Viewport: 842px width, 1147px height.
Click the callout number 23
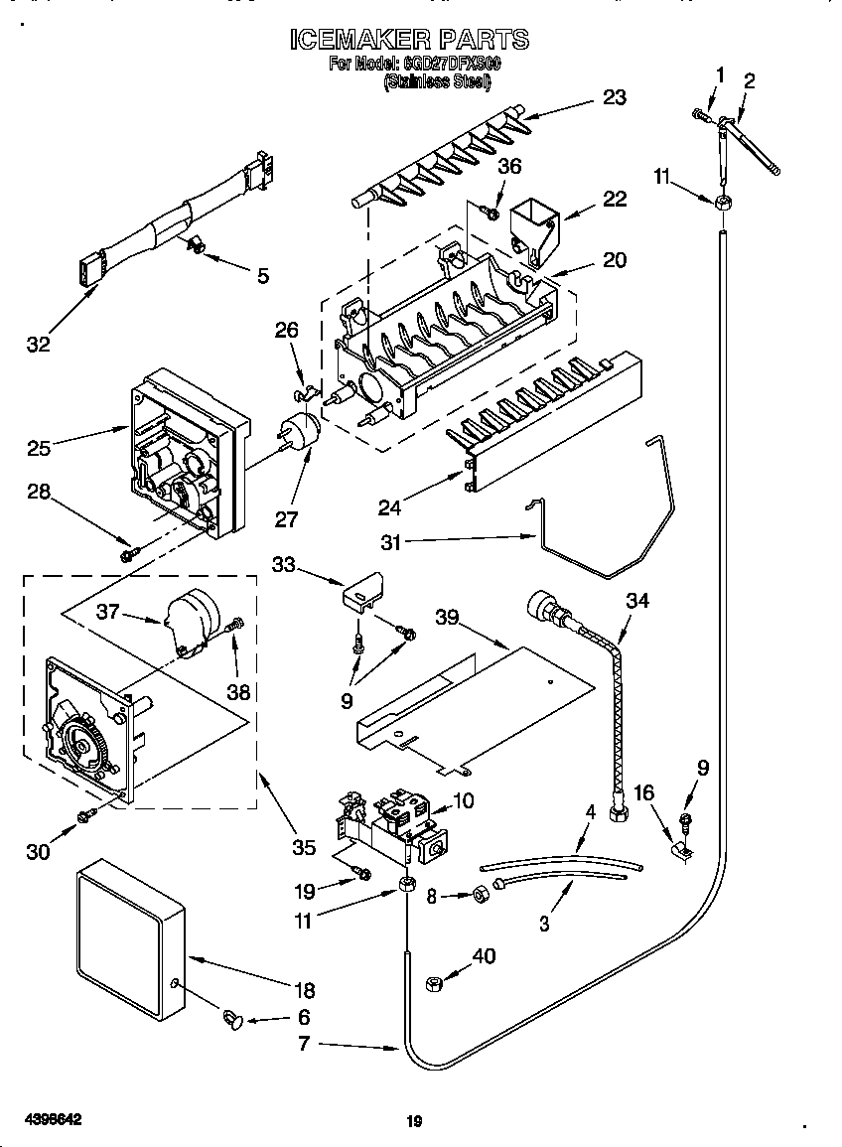[x=615, y=97]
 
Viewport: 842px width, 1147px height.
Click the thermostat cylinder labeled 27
[x=298, y=433]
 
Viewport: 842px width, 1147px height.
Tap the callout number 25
[x=39, y=448]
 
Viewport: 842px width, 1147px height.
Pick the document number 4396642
[x=49, y=1118]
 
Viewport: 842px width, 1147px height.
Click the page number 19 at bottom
[x=415, y=1122]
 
